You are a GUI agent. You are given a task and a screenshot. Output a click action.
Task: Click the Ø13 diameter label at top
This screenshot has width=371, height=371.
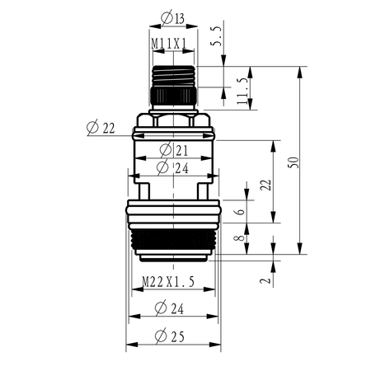tap(172, 18)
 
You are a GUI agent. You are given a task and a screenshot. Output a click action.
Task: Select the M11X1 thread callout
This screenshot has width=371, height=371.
tap(169, 44)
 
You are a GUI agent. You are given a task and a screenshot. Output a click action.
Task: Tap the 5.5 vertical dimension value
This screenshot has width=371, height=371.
tap(216, 36)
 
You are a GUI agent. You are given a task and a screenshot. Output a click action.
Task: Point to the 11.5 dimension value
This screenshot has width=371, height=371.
tap(242, 91)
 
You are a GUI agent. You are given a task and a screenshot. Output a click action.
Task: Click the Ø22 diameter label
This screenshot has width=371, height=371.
tap(101, 128)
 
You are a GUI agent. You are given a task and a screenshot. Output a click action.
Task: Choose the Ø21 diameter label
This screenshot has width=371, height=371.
tap(174, 150)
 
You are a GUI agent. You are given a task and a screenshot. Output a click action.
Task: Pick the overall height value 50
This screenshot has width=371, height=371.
tap(294, 162)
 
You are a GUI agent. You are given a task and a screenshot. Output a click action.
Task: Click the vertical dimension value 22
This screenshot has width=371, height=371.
tap(265, 185)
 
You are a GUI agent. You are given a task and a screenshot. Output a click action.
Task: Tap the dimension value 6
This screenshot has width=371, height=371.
tap(241, 212)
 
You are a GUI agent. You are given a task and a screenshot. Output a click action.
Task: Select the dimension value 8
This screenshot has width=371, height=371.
tap(240, 237)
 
